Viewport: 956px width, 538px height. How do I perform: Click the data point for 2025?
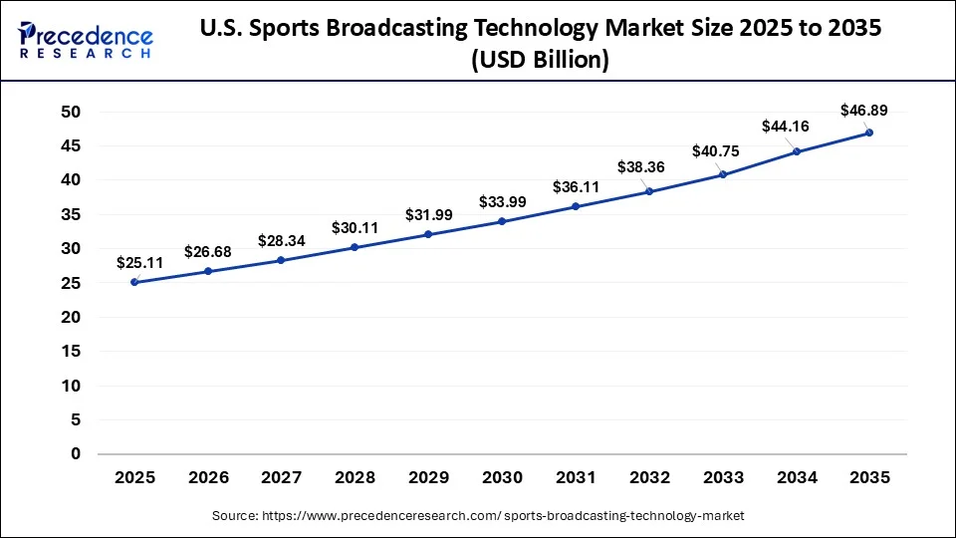click(x=134, y=282)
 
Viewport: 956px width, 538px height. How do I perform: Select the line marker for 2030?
click(x=502, y=221)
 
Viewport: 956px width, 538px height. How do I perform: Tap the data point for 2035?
click(x=869, y=133)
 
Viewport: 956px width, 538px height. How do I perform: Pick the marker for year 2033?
click(x=722, y=174)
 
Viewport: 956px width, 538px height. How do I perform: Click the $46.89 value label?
click(x=863, y=110)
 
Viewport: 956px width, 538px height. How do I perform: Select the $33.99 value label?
click(x=502, y=201)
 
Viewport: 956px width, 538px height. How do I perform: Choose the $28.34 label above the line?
click(x=282, y=240)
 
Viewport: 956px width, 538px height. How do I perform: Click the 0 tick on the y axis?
click(x=74, y=454)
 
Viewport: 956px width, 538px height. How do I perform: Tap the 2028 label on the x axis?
click(x=355, y=478)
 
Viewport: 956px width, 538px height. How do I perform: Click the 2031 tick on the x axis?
click(x=576, y=478)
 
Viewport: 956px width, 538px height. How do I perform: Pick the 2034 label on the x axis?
click(x=796, y=478)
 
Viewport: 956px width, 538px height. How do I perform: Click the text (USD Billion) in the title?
click(x=540, y=60)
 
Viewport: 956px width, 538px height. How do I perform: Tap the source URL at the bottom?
click(x=478, y=515)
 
